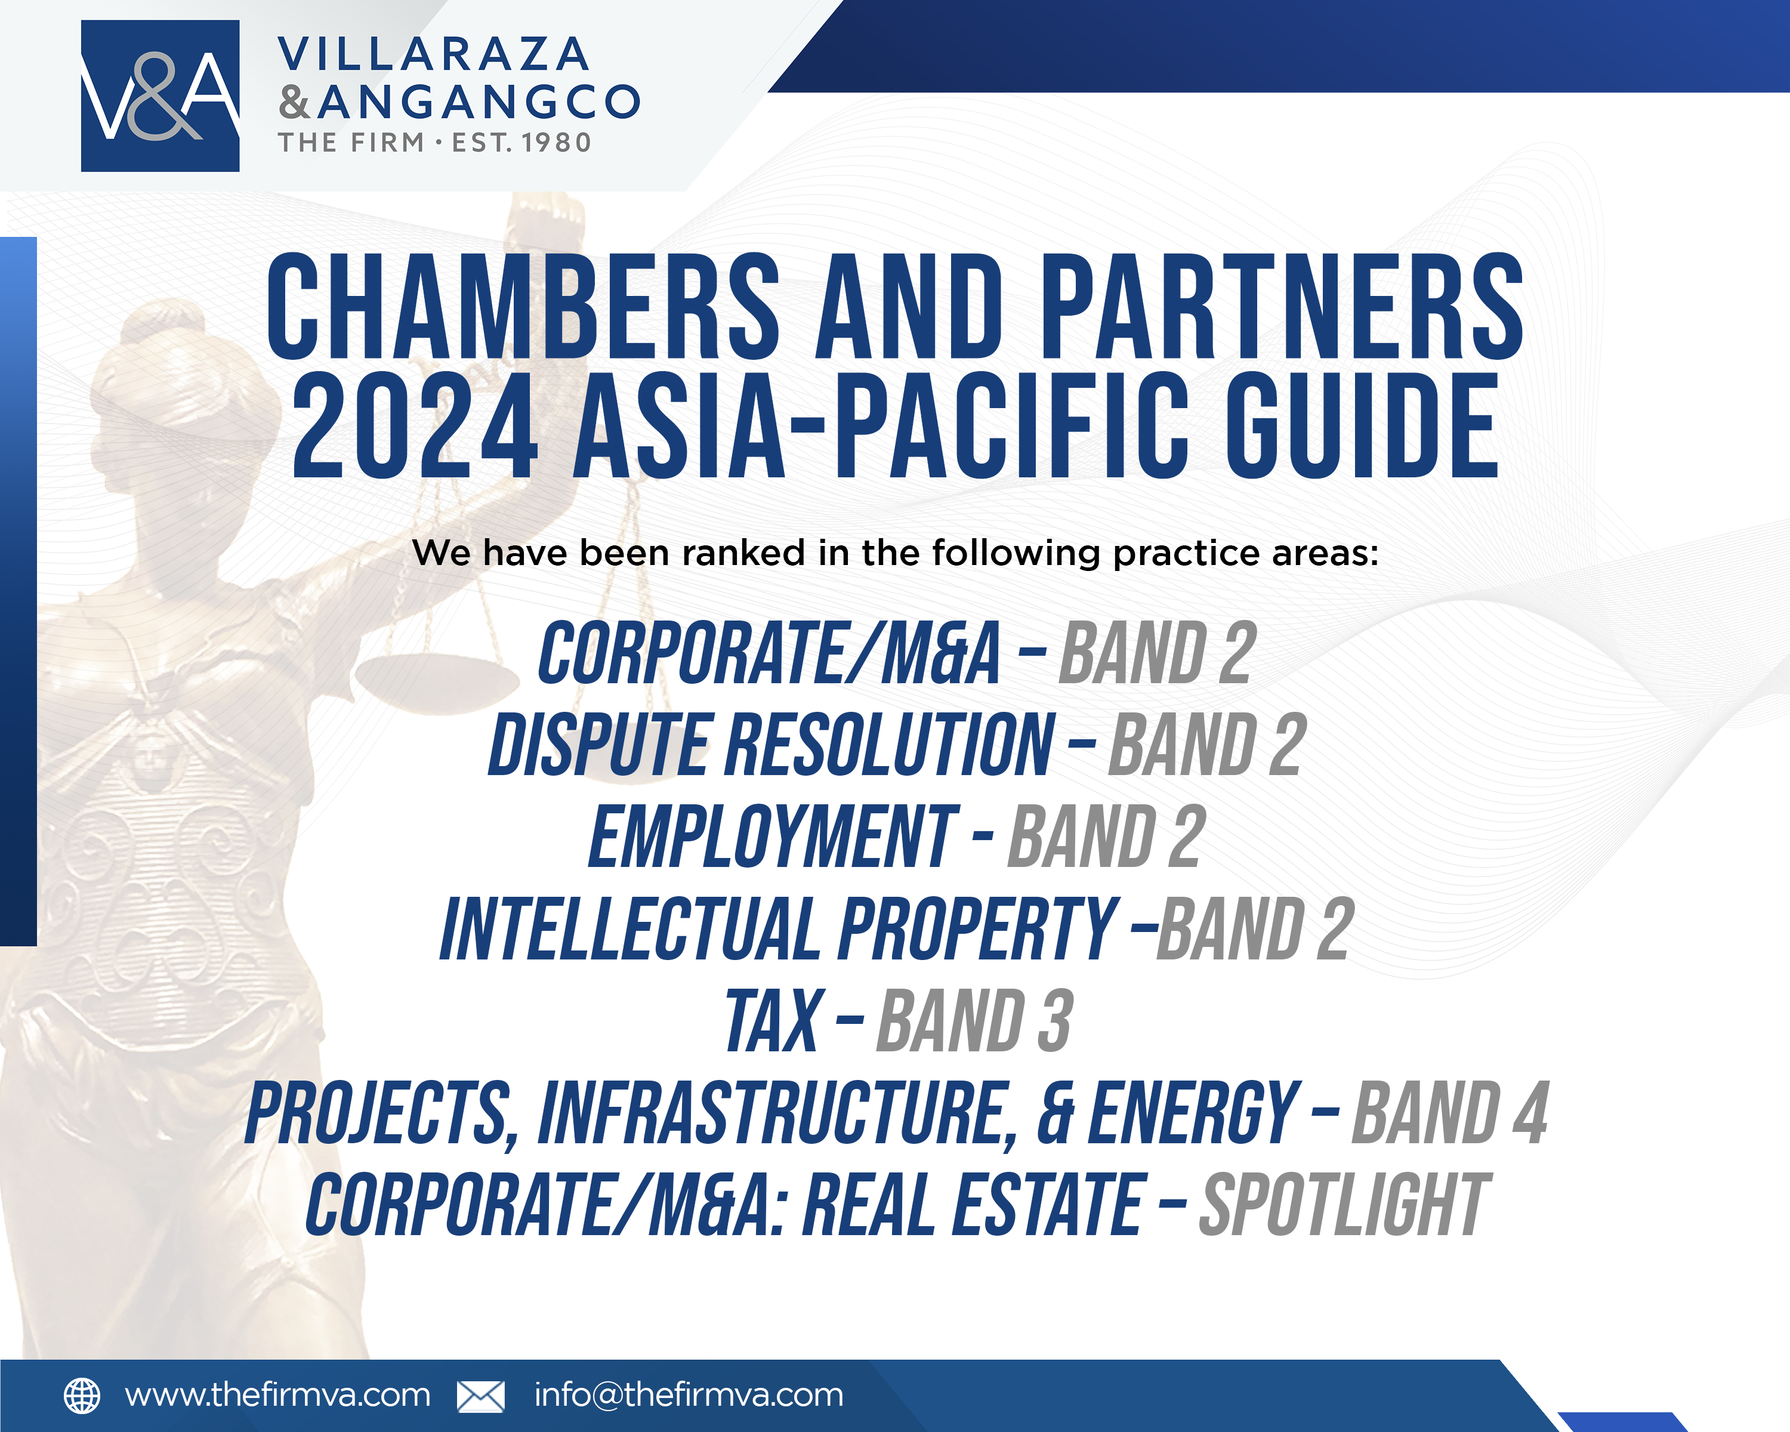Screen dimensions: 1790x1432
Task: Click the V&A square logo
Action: (x=161, y=95)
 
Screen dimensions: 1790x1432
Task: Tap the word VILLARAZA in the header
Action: (x=433, y=55)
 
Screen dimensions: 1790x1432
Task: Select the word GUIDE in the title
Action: (x=1362, y=426)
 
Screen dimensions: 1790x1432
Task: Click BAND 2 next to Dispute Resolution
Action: (x=1208, y=745)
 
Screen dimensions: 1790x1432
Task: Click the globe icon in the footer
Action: (x=82, y=1396)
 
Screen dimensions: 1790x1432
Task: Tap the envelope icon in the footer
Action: (x=481, y=1396)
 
